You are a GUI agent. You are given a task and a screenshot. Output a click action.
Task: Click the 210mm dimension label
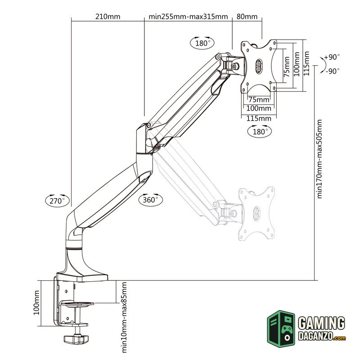108,17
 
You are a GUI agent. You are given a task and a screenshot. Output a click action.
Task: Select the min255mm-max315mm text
189,17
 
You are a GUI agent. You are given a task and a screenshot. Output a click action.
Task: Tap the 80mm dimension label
247,17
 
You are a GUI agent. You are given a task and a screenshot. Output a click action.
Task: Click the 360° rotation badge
150,199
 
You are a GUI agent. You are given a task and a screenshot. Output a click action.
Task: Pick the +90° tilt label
332,57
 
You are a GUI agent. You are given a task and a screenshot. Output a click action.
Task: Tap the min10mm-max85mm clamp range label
124,318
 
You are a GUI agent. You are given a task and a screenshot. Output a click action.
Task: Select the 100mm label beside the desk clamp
37,303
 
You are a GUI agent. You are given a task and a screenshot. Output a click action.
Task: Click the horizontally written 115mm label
259,118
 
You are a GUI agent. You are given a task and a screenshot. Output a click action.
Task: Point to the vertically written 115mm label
306,63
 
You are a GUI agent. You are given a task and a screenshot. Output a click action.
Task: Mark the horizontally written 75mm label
259,99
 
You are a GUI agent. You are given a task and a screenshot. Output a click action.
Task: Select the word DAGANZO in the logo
315,337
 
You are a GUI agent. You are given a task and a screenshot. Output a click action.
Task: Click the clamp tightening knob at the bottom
76,338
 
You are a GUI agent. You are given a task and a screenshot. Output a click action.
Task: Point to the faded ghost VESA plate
256,211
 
